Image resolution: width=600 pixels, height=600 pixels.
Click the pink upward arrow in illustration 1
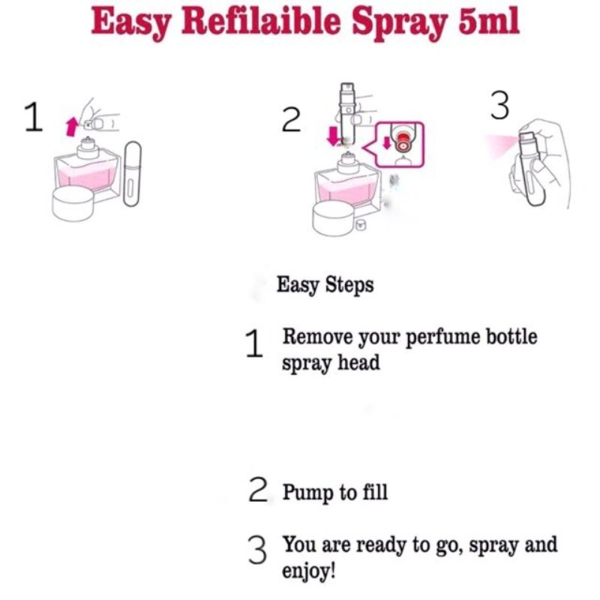71,127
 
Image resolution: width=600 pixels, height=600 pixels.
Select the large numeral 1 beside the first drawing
33,117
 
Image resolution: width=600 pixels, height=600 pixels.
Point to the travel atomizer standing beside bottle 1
132,174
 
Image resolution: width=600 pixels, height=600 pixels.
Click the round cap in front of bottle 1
73,203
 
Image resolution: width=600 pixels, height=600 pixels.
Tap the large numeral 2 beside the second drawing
292,120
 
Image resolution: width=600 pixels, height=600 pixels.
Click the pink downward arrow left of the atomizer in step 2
334,136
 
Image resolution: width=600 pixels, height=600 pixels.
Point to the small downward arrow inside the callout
387,143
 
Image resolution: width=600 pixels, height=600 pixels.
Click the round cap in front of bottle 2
334,218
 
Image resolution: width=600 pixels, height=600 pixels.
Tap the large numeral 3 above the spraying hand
499,105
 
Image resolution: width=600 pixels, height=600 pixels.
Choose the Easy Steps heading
325,285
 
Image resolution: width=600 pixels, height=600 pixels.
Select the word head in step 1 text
358,362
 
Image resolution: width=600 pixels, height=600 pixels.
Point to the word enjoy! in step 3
309,571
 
